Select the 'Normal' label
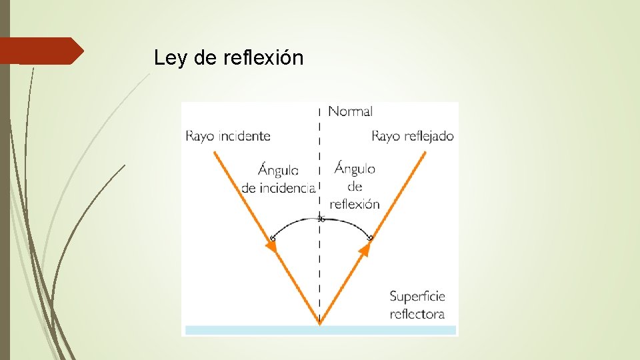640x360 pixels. click(x=350, y=111)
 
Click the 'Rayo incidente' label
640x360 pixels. click(x=228, y=136)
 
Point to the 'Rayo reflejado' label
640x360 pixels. click(x=412, y=136)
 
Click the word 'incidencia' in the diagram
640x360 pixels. click(x=278, y=188)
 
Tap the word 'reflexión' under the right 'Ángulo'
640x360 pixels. click(x=354, y=204)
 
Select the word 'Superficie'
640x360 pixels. click(x=417, y=296)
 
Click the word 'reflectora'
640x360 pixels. click(x=417, y=313)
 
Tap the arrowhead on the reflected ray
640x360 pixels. click(x=365, y=249)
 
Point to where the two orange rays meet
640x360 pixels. click(x=320, y=324)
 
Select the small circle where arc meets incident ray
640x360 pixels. click(x=272, y=237)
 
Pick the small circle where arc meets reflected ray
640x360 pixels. click(x=370, y=237)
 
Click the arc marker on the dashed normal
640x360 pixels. click(x=320, y=219)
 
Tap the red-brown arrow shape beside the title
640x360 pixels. click(x=41, y=51)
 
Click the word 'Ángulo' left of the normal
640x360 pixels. click(x=278, y=171)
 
